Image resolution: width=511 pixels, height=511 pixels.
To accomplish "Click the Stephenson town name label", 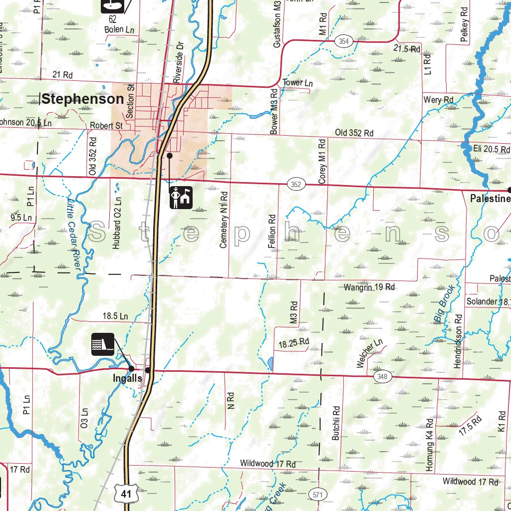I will (x=82, y=99).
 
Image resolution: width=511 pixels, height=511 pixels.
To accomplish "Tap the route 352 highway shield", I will (x=296, y=185).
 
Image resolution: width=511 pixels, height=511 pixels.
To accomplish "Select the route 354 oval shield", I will (x=343, y=41).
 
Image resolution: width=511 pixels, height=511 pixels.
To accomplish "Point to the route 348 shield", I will (x=382, y=377).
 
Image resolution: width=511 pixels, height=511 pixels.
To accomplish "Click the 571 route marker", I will (x=317, y=494).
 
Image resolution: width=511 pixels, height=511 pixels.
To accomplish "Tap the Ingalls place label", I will (x=127, y=379).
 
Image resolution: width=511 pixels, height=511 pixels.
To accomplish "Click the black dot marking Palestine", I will (x=510, y=190).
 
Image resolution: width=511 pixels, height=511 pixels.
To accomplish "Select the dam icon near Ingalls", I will (x=103, y=344).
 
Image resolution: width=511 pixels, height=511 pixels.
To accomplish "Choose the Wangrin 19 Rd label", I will (x=369, y=287).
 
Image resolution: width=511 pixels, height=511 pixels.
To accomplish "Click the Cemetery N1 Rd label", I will (x=224, y=220).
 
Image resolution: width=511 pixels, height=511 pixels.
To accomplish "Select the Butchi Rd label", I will (x=336, y=422).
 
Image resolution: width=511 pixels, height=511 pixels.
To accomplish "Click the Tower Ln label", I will (x=297, y=83).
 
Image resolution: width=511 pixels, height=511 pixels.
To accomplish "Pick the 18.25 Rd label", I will (x=294, y=343).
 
